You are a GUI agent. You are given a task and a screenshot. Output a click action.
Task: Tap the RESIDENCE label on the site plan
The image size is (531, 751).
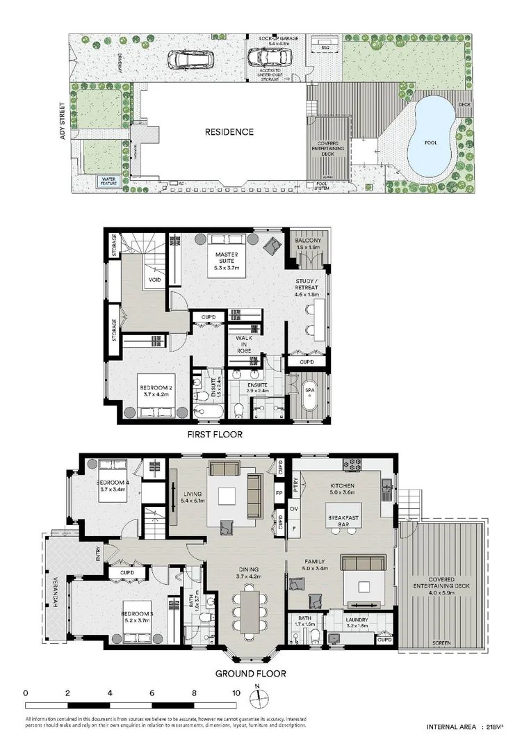[x=229, y=131]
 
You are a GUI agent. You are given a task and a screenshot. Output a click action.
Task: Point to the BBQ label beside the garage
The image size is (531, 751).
[x=325, y=47]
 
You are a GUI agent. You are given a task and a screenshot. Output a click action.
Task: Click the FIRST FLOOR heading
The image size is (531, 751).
[x=214, y=435]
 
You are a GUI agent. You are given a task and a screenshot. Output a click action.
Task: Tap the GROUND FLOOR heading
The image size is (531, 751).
[x=250, y=673]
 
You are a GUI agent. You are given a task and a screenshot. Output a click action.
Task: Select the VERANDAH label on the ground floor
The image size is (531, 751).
[x=53, y=599]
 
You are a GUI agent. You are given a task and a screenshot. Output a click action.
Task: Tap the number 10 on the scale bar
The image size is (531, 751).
[x=236, y=693]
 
